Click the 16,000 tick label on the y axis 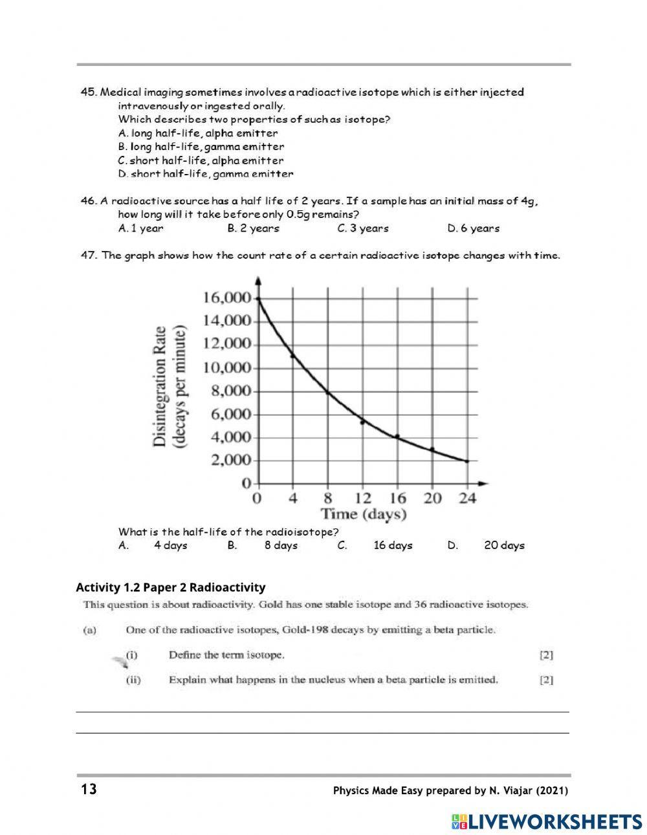click(226, 298)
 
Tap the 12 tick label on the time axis click(363, 498)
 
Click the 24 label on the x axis click(467, 498)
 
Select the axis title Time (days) click(364, 514)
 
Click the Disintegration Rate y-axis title click(160, 386)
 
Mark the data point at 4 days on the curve click(293, 355)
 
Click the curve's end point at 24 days click(466, 461)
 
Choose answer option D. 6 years click(473, 228)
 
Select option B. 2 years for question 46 click(253, 228)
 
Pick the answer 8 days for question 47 click(281, 545)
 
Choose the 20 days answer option click(504, 545)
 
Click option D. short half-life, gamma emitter click(206, 174)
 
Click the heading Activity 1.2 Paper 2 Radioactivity click(171, 587)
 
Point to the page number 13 click(89, 790)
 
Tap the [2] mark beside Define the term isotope click(546, 655)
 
